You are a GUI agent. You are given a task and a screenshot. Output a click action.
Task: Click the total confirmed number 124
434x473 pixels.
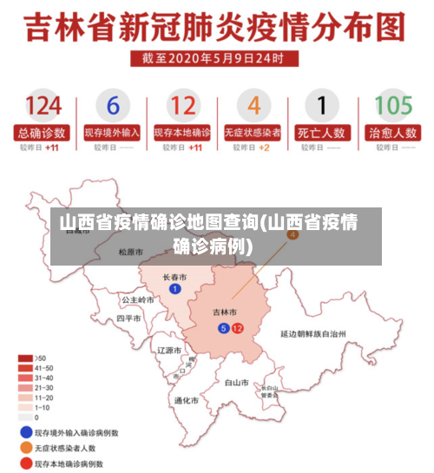click(x=43, y=106)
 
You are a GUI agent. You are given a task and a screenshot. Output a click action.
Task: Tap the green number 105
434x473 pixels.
click(x=392, y=106)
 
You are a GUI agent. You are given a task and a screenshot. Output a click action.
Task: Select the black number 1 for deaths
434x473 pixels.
click(x=322, y=106)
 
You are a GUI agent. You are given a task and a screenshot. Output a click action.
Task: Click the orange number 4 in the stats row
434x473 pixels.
click(x=253, y=106)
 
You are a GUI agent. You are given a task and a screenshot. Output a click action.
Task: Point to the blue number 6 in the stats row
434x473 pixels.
click(x=113, y=106)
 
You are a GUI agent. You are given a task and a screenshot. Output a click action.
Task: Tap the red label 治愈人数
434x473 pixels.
click(x=392, y=134)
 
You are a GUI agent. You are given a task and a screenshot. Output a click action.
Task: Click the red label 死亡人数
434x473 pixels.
click(x=322, y=134)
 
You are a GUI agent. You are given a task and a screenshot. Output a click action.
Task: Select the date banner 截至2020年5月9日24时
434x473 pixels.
click(x=218, y=58)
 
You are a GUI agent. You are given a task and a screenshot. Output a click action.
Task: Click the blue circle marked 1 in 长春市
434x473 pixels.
click(x=175, y=289)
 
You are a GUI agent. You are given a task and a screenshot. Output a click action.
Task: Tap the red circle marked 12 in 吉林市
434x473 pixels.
click(x=237, y=328)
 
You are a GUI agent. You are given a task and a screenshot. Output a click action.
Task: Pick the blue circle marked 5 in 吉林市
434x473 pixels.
click(x=223, y=328)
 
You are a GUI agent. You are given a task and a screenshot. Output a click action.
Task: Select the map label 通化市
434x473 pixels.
click(x=186, y=400)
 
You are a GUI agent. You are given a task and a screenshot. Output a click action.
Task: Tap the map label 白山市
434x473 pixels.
click(x=237, y=381)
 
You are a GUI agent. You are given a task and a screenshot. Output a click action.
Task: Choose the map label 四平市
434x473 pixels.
click(x=128, y=319)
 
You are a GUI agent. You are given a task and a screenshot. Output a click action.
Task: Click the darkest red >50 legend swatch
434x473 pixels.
click(x=25, y=358)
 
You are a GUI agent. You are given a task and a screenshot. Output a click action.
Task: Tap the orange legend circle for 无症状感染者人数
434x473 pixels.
click(x=25, y=448)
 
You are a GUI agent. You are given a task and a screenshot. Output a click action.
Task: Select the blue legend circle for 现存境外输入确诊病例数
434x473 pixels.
click(x=25, y=431)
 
